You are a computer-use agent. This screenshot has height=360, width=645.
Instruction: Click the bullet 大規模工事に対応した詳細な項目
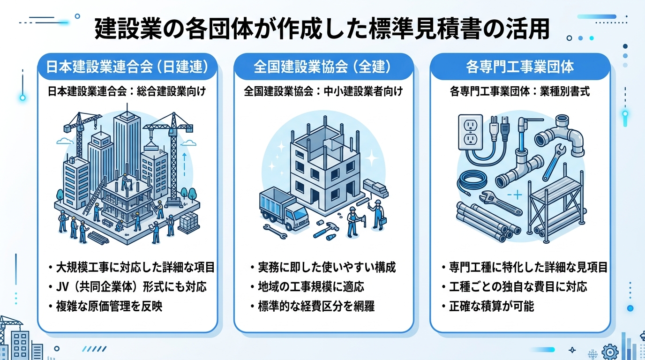(131, 268)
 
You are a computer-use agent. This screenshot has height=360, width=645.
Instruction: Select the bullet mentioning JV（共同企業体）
(127, 286)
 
